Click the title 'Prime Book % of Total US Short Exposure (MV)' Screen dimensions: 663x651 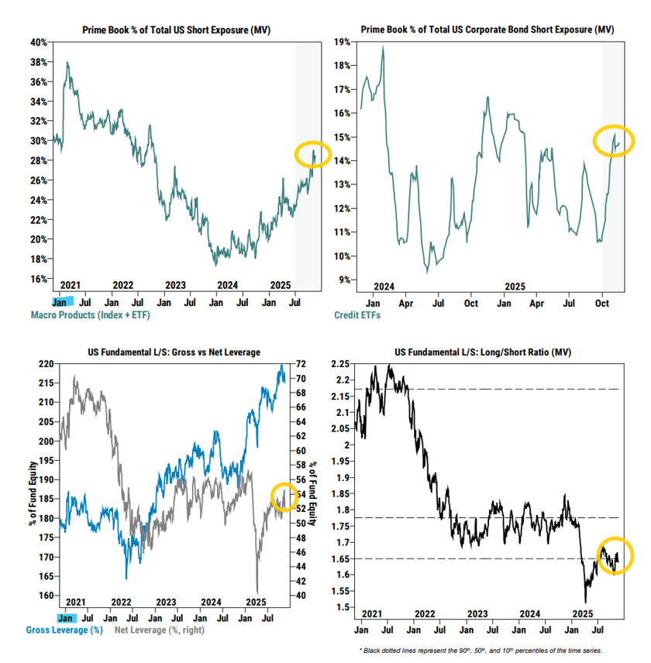[x=181, y=29]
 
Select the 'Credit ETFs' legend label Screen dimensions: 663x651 [x=357, y=315]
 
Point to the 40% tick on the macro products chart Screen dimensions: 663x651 [x=37, y=41]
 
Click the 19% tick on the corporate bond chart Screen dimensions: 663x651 [x=343, y=42]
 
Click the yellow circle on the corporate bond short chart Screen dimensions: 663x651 [x=614, y=140]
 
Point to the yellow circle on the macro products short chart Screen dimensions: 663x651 [x=313, y=155]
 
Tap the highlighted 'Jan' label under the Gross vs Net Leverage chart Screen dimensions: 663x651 [x=67, y=618]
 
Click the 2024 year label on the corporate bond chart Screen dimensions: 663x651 [x=384, y=285]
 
